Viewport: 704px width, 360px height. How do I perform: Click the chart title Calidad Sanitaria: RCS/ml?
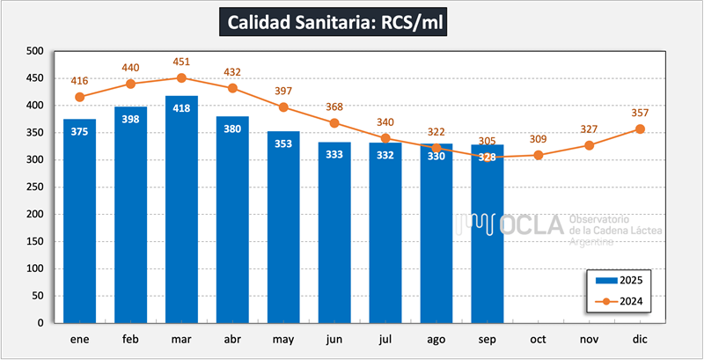coord(334,22)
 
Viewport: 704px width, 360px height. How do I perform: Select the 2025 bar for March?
coord(181,211)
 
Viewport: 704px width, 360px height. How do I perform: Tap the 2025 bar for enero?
coord(79,220)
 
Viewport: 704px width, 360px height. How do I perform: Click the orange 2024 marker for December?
coord(640,129)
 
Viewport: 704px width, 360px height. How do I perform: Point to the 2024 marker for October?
coord(539,155)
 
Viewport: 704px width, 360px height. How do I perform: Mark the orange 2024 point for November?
coord(590,145)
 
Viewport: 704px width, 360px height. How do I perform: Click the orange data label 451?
coord(181,62)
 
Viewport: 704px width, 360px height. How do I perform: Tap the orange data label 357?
coord(640,113)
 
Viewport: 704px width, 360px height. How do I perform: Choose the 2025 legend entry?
coord(623,281)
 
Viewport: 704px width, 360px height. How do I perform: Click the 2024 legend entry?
coord(623,301)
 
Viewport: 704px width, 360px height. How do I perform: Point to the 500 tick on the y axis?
coord(34,51)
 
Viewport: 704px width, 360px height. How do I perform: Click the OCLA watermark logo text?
coord(532,225)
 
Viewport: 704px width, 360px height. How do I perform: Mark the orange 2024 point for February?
coord(130,84)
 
